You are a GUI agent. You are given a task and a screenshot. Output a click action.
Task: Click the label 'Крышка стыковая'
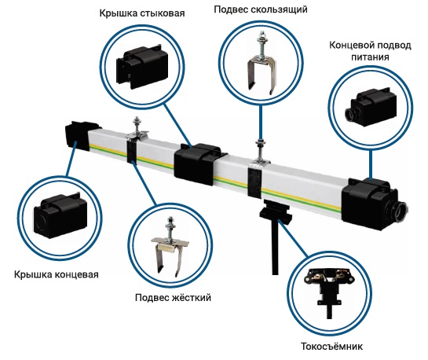coord(142,13)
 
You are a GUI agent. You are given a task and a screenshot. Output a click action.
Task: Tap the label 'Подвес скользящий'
coord(261,10)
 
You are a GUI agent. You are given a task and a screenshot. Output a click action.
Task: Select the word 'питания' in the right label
coord(370,57)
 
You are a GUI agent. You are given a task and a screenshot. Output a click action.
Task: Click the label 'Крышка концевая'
coord(57,274)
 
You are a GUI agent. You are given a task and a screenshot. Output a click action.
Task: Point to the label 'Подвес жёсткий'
coord(173,297)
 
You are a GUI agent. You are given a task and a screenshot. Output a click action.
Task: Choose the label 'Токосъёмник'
coord(331,347)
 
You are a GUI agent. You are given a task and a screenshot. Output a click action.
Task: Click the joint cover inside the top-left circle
coord(142,67)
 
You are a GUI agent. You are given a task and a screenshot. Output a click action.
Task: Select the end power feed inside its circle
coord(371,107)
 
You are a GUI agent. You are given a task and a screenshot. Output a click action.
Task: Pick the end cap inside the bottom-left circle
coord(60,215)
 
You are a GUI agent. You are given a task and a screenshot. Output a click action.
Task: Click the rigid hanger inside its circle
coord(170,246)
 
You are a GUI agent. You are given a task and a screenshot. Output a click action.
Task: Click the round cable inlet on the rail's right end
coord(401,211)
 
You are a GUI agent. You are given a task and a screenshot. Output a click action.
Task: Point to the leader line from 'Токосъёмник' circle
coord(293,238)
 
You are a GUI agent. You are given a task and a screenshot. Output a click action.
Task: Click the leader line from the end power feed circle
coord(371,165)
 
